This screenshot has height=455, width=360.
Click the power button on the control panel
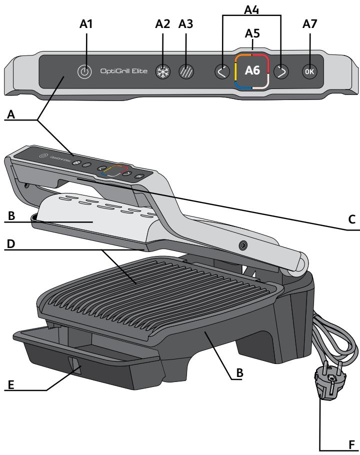click(x=84, y=72)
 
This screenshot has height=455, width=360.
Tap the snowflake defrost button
click(x=161, y=71)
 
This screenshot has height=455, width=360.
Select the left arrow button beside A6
click(x=222, y=71)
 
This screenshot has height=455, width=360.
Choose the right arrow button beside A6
click(x=282, y=71)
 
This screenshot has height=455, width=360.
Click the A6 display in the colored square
click(x=252, y=71)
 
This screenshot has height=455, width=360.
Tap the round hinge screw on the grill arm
click(x=243, y=246)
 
